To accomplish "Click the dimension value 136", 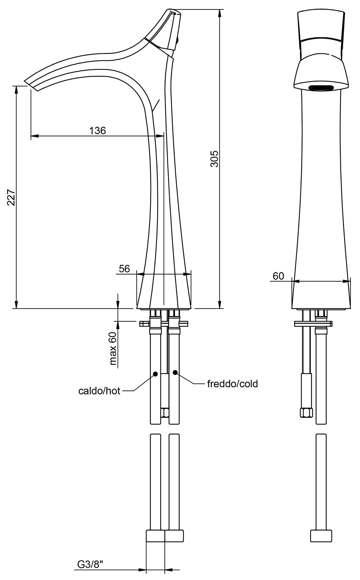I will click(x=97, y=130).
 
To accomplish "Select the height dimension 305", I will click(x=215, y=159).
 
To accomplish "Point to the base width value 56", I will click(x=124, y=269).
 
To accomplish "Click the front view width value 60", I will click(x=278, y=276).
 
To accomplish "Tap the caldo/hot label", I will click(x=99, y=391).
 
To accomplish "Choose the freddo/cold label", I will click(x=232, y=384).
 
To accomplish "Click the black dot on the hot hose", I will click(x=155, y=374).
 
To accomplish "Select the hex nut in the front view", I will click(x=306, y=412).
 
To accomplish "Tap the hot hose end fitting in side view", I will click(x=155, y=536).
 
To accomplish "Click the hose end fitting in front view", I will click(x=321, y=536).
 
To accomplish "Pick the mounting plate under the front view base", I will click(x=313, y=323).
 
